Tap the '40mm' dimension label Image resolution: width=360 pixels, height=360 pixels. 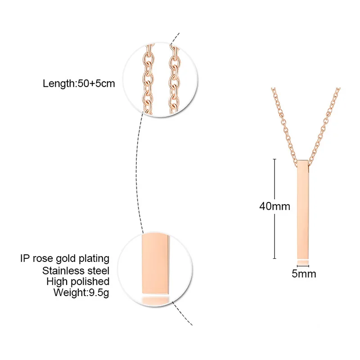(x=274, y=207)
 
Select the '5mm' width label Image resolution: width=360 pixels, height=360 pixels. (x=304, y=274)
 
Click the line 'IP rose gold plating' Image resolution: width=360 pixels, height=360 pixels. (x=65, y=258)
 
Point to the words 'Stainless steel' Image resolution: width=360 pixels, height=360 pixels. (x=76, y=270)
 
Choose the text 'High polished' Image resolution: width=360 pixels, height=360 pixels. (x=78, y=282)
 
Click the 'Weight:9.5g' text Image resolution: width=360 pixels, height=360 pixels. (x=81, y=293)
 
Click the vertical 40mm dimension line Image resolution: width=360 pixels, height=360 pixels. (x=274, y=180)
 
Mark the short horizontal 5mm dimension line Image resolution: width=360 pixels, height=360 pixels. (x=303, y=265)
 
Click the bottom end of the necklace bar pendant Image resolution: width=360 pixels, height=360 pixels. (x=303, y=256)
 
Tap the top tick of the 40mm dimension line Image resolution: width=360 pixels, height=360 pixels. (x=274, y=158)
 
